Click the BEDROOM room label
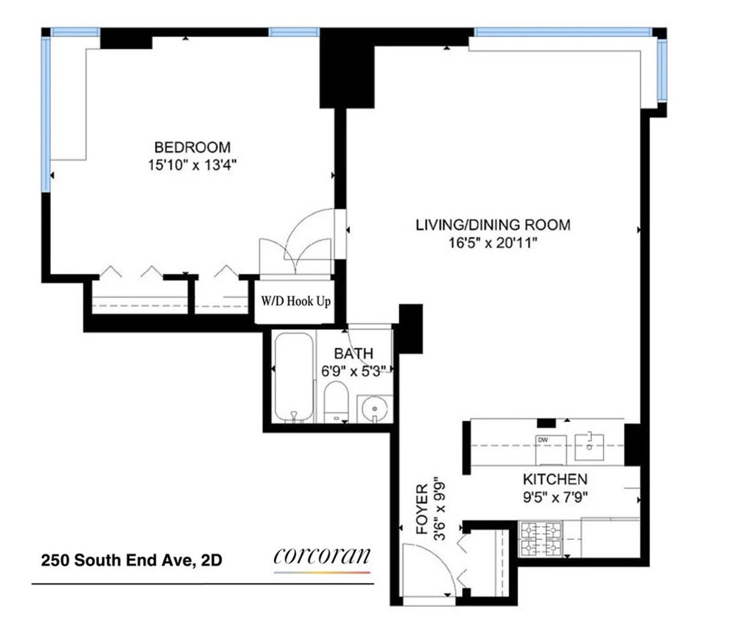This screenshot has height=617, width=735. (x=192, y=148)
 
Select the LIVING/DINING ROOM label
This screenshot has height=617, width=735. (x=492, y=225)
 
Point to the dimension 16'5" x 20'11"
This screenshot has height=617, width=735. (x=492, y=243)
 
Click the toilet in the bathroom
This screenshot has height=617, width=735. (x=336, y=401)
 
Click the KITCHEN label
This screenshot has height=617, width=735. (x=555, y=479)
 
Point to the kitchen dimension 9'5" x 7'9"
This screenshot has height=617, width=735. (x=555, y=496)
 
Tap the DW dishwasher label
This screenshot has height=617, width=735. (x=542, y=439)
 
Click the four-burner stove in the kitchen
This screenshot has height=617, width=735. (x=541, y=538)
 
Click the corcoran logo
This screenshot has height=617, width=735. (x=322, y=557)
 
